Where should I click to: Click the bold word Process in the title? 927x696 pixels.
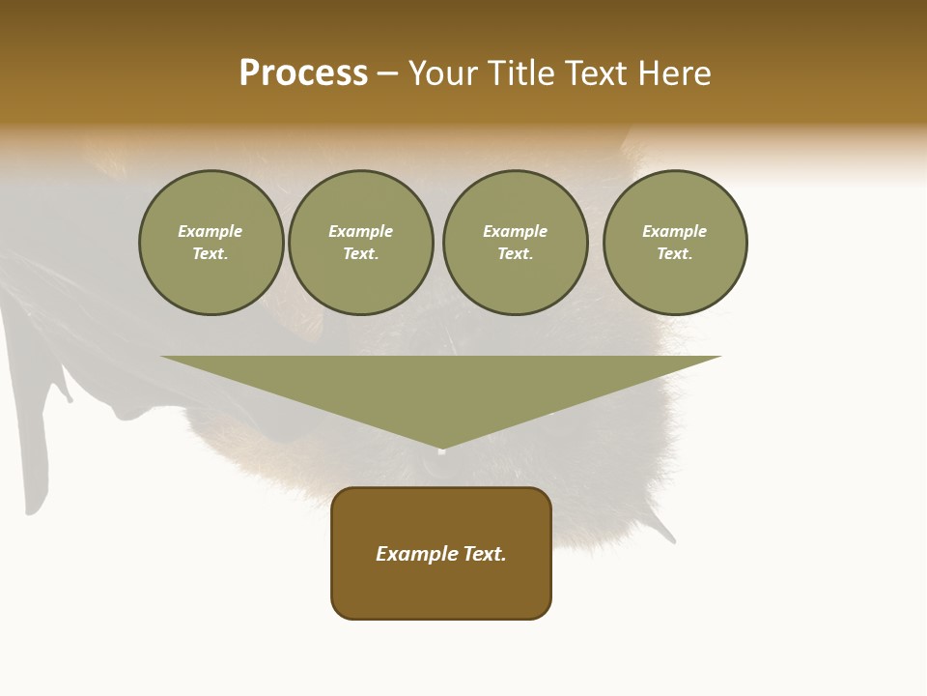tap(303, 73)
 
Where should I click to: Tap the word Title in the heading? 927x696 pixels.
tap(520, 73)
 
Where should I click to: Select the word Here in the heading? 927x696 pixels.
tap(672, 73)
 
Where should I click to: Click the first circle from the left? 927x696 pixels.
tap(211, 243)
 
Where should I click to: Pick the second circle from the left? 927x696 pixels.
tap(361, 243)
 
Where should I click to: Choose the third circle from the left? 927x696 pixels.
tap(515, 243)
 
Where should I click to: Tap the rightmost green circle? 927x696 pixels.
tap(675, 243)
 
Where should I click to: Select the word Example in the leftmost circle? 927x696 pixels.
tap(211, 231)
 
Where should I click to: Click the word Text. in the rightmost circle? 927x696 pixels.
tap(675, 254)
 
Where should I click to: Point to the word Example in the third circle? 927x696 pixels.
tap(515, 231)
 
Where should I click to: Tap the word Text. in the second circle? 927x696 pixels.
tap(361, 254)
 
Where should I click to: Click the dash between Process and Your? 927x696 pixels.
tap(387, 74)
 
